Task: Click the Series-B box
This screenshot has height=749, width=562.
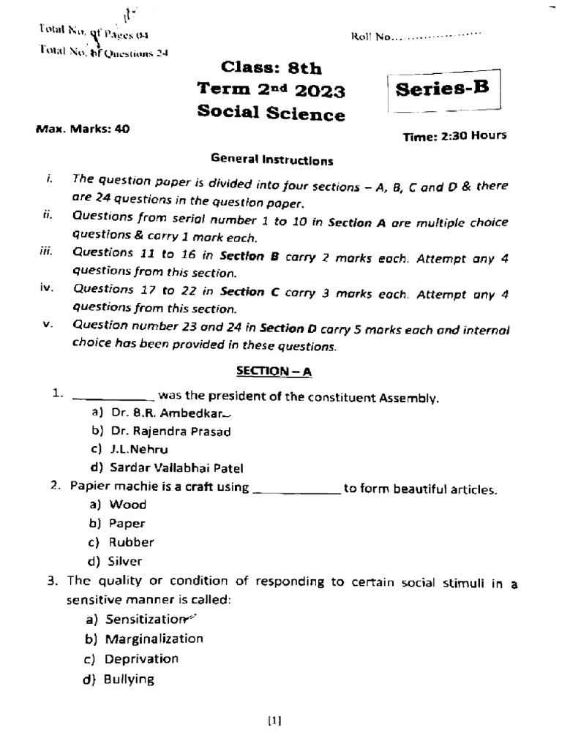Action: coord(441,91)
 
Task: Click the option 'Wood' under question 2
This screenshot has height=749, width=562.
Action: coord(127,505)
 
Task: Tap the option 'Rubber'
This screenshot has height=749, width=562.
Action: coord(131,543)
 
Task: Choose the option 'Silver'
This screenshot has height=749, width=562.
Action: coord(125,562)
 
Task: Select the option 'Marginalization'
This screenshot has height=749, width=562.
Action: coord(154,639)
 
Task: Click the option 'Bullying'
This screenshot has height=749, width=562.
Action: coord(130,679)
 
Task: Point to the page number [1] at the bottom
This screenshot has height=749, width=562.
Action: coord(274,720)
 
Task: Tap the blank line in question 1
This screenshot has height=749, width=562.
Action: coord(111,399)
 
